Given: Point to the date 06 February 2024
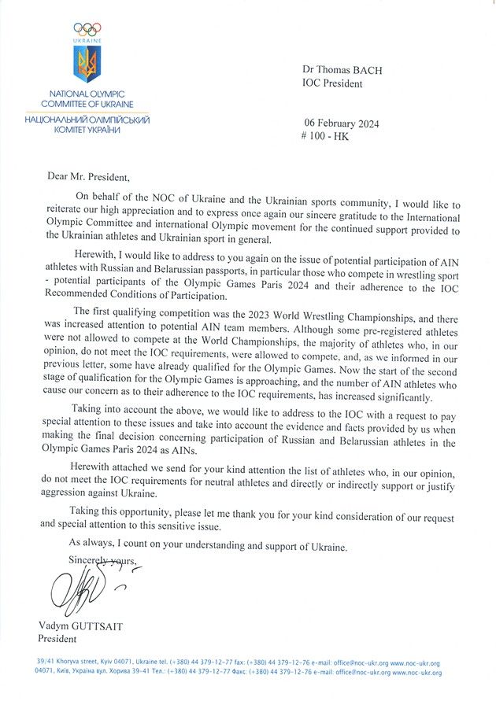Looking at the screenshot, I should [x=340, y=123].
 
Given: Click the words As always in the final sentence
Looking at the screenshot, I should [x=92, y=544].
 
